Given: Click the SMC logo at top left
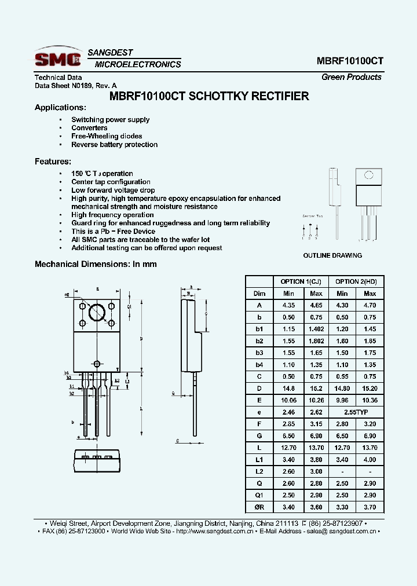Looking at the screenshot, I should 57,58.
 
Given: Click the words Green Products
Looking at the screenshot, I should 352,77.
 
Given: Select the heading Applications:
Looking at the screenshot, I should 60,108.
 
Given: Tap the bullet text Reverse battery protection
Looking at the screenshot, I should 114,145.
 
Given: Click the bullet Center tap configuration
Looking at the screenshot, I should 111,182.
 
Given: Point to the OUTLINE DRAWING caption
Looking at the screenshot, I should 332,255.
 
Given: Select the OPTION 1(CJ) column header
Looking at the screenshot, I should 301,281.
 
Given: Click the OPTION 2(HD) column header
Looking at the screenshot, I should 356,281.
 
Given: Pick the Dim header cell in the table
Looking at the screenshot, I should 259,294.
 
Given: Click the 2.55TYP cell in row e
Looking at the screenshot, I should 356,412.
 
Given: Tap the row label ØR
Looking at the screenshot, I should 259,507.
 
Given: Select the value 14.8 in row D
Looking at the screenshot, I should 288,388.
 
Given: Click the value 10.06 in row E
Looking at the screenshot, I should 288,400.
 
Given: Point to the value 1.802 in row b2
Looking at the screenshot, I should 316,341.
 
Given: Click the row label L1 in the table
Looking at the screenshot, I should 259,460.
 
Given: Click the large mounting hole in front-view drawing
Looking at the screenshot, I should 97,312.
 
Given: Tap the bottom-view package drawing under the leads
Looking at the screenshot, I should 97,461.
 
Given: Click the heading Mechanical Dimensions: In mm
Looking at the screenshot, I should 96,264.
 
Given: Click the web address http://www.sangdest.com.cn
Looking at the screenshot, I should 214,531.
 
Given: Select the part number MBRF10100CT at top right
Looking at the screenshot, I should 349,61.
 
